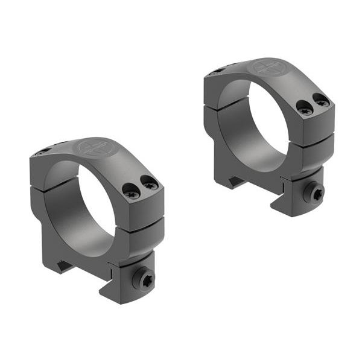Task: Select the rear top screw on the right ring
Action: pyautogui.click(x=216, y=72)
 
